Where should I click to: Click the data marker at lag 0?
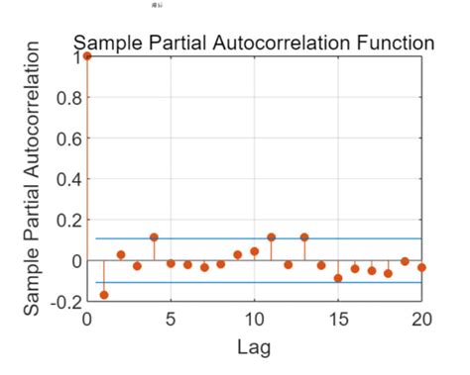(x=87, y=56)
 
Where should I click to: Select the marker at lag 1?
(x=104, y=295)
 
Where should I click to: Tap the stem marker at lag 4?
(x=154, y=237)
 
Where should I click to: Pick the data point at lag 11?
(x=271, y=237)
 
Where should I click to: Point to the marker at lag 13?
(x=304, y=237)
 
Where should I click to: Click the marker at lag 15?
(x=338, y=278)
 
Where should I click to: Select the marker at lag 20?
(x=421, y=267)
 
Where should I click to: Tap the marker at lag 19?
(x=405, y=261)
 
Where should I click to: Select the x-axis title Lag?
(x=254, y=347)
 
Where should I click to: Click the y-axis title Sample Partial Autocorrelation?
(x=33, y=179)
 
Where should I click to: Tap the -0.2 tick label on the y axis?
(x=60, y=302)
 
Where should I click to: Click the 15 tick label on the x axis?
(x=338, y=320)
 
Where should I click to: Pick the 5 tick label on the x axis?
(x=171, y=320)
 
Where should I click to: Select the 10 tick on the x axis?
(x=254, y=320)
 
